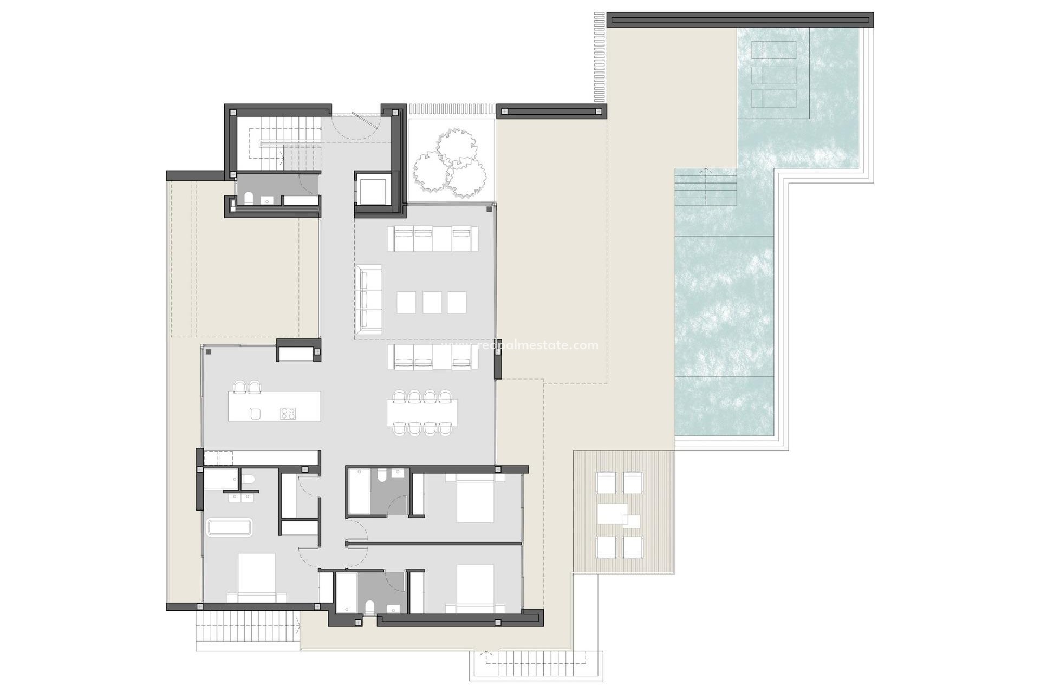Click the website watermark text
[520, 345]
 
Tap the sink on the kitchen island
[256, 414]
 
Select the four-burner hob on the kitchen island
[288, 414]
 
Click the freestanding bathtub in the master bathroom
[230, 528]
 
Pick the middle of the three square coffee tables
[432, 302]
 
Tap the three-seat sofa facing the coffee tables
[369, 296]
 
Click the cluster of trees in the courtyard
[450, 162]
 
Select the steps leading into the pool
[705, 187]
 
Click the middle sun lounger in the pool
[774, 75]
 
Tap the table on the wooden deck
[613, 514]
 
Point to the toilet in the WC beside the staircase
[249, 199]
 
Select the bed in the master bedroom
[256, 577]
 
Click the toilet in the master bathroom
[248, 480]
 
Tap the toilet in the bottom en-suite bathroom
[369, 606]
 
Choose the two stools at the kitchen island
[247, 387]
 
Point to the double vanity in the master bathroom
[241, 496]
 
